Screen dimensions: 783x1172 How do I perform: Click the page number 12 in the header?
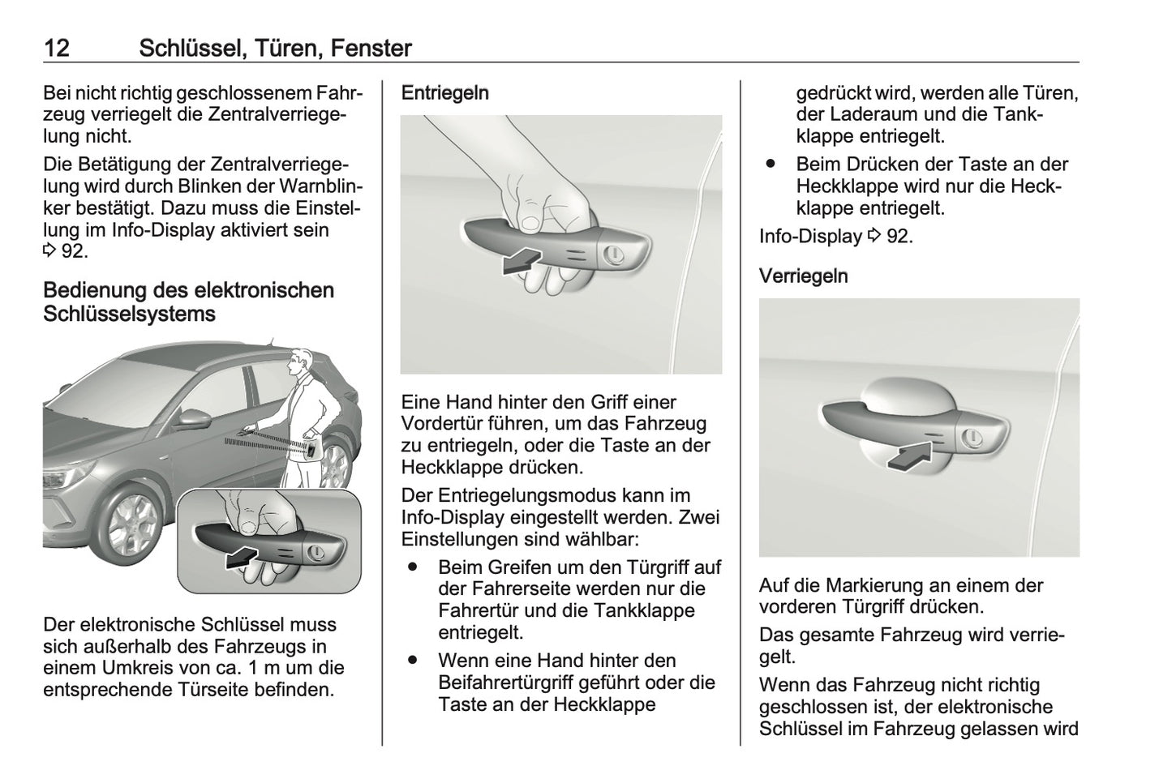click(56, 48)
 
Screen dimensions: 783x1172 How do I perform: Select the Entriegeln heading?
click(445, 93)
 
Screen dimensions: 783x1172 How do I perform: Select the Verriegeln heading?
click(803, 276)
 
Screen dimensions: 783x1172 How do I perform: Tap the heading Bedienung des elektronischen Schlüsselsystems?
click(188, 302)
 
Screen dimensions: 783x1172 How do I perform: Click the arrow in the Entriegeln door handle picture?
click(519, 260)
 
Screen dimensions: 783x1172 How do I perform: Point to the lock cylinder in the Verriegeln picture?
click(971, 439)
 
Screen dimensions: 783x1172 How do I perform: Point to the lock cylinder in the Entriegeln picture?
click(614, 254)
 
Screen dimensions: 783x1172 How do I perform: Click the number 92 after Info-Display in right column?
click(899, 237)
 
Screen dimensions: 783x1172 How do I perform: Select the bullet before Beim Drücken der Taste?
click(771, 165)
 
